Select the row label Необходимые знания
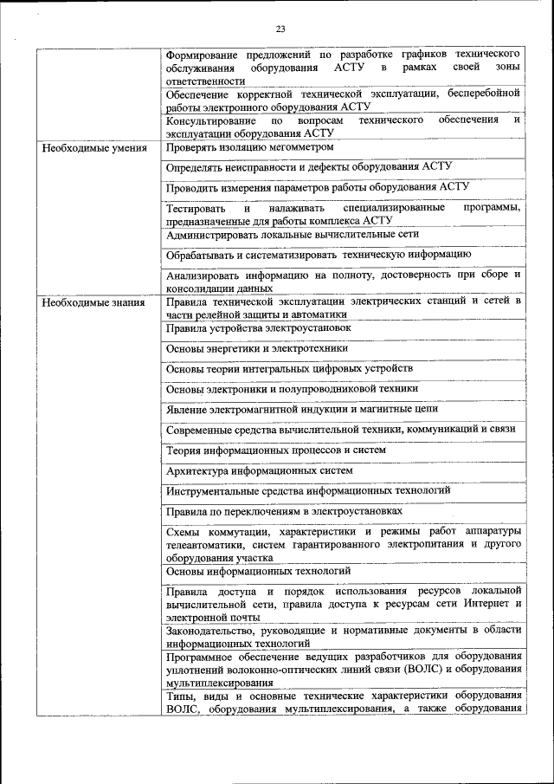[x=87, y=302]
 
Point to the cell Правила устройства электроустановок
[x=259, y=328]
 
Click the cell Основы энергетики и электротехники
[x=257, y=348]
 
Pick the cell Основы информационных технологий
[x=258, y=571]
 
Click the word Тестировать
[x=196, y=209]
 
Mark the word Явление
[x=187, y=408]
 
